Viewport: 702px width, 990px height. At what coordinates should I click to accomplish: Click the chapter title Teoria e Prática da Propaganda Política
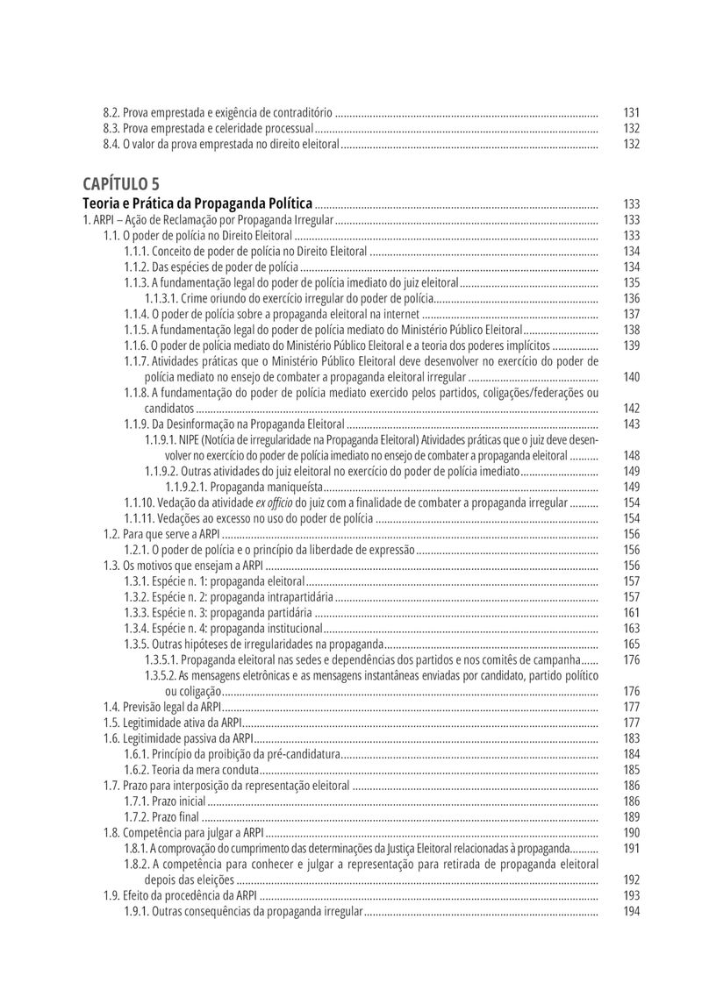(197, 203)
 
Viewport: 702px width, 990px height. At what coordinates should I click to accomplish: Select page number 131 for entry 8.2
(631, 113)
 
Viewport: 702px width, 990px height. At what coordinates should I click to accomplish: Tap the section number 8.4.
(111, 145)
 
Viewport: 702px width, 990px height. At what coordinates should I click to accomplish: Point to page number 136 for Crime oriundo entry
(631, 299)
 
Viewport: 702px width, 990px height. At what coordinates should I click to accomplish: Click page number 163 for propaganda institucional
(631, 630)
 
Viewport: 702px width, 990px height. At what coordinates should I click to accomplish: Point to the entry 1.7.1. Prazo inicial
(165, 802)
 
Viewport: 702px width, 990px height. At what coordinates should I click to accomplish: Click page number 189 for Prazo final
(631, 818)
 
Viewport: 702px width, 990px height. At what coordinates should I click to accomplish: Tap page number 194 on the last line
(631, 912)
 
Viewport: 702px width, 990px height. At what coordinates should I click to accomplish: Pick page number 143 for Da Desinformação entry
(631, 424)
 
